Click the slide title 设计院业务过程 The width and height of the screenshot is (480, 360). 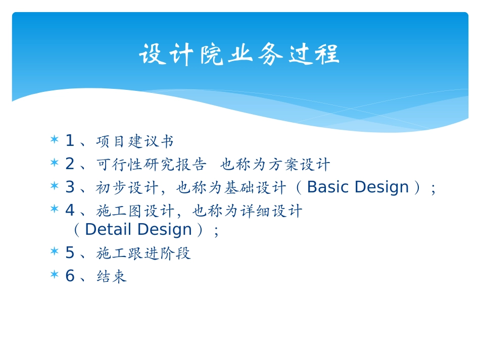coord(239,55)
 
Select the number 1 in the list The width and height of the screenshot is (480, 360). coord(70,141)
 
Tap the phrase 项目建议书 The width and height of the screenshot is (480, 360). coord(135,141)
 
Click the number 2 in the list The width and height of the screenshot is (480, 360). coord(70,164)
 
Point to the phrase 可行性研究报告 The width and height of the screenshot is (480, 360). coord(151,165)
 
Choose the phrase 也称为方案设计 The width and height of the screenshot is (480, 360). coord(275,165)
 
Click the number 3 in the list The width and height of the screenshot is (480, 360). coord(70,187)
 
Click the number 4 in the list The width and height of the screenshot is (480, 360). coord(70,211)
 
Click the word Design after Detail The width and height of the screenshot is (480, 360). coord(165,230)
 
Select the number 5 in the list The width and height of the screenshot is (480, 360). coord(70,253)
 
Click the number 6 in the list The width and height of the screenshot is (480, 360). coord(70,276)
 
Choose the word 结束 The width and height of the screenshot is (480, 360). coord(111,277)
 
